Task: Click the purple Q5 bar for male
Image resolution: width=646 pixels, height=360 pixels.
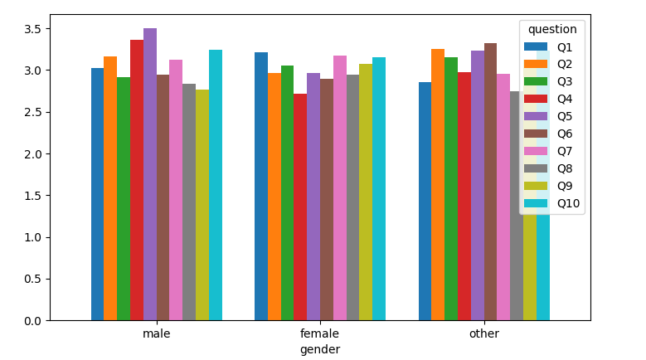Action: click(x=150, y=174)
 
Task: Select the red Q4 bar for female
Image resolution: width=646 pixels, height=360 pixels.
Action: click(x=300, y=207)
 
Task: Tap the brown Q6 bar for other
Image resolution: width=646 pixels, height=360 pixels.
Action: click(x=490, y=182)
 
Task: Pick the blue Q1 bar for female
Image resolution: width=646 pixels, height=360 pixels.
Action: click(x=261, y=186)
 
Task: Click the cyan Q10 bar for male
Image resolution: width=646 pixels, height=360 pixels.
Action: click(x=216, y=185)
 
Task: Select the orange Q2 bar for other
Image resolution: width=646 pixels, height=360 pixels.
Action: click(x=438, y=184)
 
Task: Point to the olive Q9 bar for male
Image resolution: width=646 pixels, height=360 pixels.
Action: click(x=202, y=205)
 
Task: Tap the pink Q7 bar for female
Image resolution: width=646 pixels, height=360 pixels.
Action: click(x=340, y=187)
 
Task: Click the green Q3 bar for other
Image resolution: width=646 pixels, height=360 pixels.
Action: click(x=451, y=188)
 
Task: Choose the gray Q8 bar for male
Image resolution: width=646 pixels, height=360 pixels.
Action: click(x=189, y=202)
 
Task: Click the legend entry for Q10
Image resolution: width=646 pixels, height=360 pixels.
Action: click(x=551, y=203)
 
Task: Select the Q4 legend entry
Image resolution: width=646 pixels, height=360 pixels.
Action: click(x=548, y=99)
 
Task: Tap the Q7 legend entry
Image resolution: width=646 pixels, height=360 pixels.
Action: click(x=548, y=151)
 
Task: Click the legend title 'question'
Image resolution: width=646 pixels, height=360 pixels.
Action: click(x=552, y=29)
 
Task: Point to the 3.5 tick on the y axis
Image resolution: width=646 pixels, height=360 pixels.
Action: click(x=32, y=29)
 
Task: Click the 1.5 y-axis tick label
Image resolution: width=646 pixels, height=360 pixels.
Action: click(x=32, y=196)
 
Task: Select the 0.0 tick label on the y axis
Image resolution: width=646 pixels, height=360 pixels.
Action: click(x=32, y=321)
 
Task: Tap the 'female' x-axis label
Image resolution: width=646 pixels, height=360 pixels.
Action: click(x=320, y=333)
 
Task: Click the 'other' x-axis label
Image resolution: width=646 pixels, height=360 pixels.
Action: click(x=484, y=333)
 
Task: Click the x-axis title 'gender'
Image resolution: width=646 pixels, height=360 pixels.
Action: click(x=320, y=349)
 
